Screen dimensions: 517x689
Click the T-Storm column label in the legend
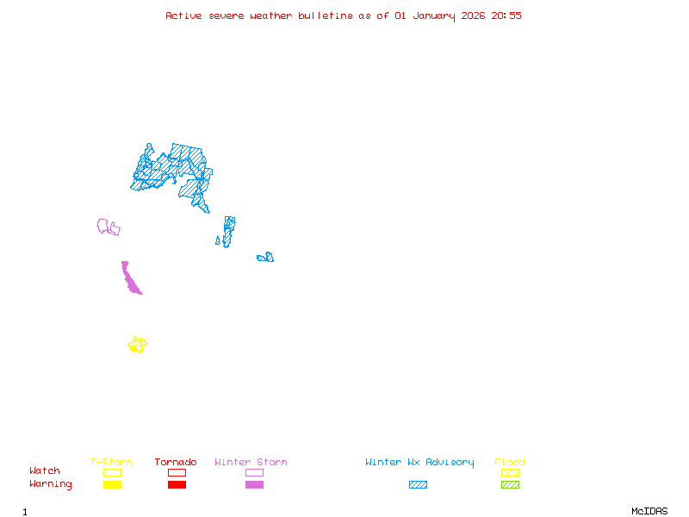[111, 463]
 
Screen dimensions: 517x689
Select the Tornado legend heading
[176, 463]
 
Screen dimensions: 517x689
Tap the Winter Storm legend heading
[251, 463]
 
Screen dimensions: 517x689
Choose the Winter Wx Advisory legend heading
[419, 463]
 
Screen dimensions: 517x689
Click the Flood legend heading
[510, 463]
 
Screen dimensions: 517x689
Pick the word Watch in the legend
[45, 471]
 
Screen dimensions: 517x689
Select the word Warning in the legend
[50, 484]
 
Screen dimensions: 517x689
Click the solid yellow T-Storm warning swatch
[112, 484]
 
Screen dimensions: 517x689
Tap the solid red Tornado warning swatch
[177, 484]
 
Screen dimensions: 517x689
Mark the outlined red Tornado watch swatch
[177, 472]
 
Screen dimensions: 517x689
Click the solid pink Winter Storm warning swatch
[254, 484]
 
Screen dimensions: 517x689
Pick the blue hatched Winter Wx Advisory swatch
[418, 484]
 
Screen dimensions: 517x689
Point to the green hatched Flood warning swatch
[510, 484]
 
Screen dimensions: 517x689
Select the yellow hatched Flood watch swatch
[510, 472]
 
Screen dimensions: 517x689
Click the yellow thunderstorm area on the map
[137, 345]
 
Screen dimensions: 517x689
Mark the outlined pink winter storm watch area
[107, 227]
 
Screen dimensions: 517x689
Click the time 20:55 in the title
[506, 16]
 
